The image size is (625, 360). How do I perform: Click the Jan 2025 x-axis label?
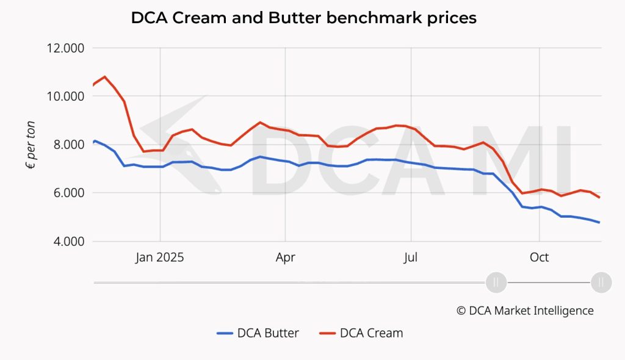tap(160, 257)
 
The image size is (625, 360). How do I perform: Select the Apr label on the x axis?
tap(285, 257)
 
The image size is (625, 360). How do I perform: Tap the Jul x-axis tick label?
tap(411, 257)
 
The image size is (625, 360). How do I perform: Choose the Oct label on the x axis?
tap(539, 257)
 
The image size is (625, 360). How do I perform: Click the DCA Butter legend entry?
tap(258, 333)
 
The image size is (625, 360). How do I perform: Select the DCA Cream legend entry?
tap(361, 333)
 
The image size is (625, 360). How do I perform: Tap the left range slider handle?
tap(496, 282)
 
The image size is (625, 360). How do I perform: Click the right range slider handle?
tap(601, 282)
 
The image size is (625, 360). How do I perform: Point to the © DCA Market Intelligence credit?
tap(524, 311)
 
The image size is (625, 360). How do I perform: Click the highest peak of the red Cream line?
tap(104, 77)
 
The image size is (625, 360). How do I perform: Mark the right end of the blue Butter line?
tap(599, 222)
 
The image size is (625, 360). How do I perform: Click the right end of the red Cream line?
tap(599, 197)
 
